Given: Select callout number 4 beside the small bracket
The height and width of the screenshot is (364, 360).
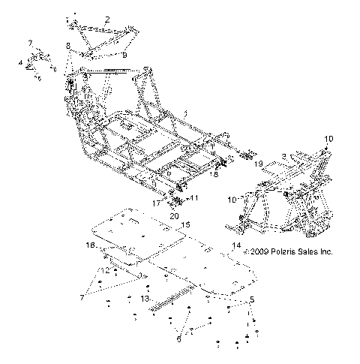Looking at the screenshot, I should pyautogui.click(x=20, y=63).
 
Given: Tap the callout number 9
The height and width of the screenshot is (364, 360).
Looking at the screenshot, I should pyautogui.click(x=124, y=56).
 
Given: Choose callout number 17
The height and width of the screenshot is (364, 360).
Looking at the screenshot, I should pyautogui.click(x=157, y=202).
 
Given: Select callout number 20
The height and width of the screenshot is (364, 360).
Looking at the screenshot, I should pyautogui.click(x=173, y=215).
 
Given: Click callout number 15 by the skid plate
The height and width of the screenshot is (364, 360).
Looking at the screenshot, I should pyautogui.click(x=186, y=224).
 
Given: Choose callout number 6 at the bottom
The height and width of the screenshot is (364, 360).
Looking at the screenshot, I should pyautogui.click(x=178, y=339).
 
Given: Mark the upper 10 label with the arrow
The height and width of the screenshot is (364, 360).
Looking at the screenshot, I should pyautogui.click(x=328, y=140).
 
